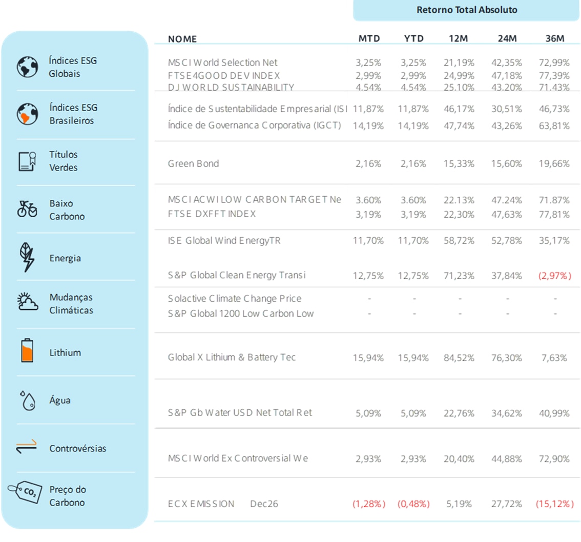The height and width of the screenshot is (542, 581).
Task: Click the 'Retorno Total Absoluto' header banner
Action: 466,10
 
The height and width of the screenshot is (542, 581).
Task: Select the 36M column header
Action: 555,39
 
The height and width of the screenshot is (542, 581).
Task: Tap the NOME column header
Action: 182,39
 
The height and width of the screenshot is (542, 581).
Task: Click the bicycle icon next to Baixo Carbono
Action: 27,209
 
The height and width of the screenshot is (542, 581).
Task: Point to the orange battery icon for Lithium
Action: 27,352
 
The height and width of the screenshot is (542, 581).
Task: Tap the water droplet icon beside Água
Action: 27,400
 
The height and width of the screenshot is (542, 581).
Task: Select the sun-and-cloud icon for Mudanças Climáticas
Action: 27,303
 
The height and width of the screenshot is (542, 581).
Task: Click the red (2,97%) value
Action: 555,276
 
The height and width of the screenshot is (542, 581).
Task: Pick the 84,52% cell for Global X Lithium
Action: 460,358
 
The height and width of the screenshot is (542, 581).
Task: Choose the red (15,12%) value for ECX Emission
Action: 555,504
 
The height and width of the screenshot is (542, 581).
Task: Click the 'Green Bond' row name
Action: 193,164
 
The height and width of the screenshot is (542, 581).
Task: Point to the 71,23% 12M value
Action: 460,276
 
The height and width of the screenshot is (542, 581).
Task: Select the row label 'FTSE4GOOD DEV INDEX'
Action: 224,75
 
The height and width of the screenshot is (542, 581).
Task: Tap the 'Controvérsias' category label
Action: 78,448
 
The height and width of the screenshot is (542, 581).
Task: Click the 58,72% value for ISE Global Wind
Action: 460,240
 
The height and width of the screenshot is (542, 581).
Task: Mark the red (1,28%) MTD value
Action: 369,504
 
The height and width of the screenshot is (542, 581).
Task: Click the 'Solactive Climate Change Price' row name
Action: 235,299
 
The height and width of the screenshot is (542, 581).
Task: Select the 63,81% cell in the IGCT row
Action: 555,126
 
